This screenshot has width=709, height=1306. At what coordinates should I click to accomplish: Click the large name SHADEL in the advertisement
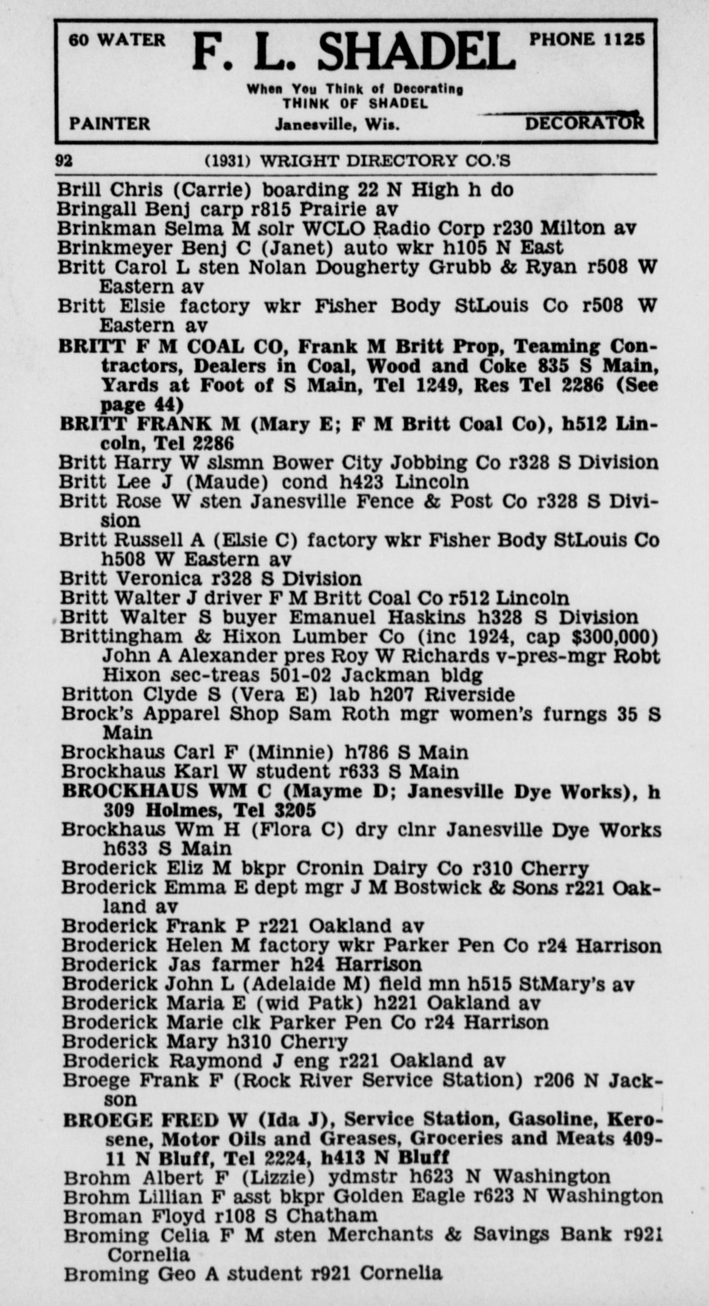click(x=416, y=53)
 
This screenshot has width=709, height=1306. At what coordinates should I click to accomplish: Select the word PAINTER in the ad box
click(x=109, y=124)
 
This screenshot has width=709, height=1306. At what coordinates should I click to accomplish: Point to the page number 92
click(x=64, y=161)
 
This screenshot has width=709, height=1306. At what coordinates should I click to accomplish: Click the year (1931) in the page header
click(x=228, y=161)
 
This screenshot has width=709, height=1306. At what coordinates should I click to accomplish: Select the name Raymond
click(x=216, y=1061)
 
